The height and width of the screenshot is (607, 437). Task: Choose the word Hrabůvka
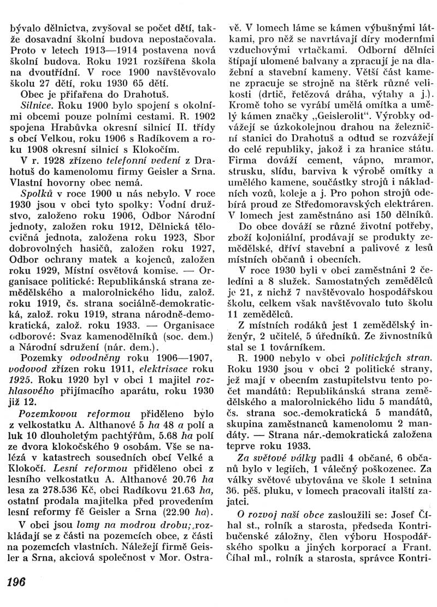click(x=73, y=128)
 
